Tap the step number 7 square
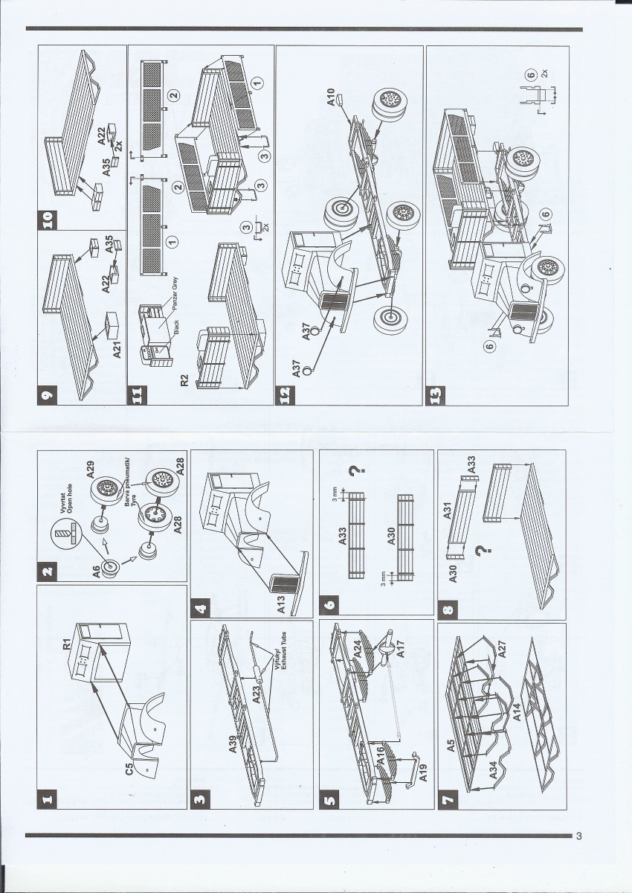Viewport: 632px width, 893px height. [450, 800]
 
